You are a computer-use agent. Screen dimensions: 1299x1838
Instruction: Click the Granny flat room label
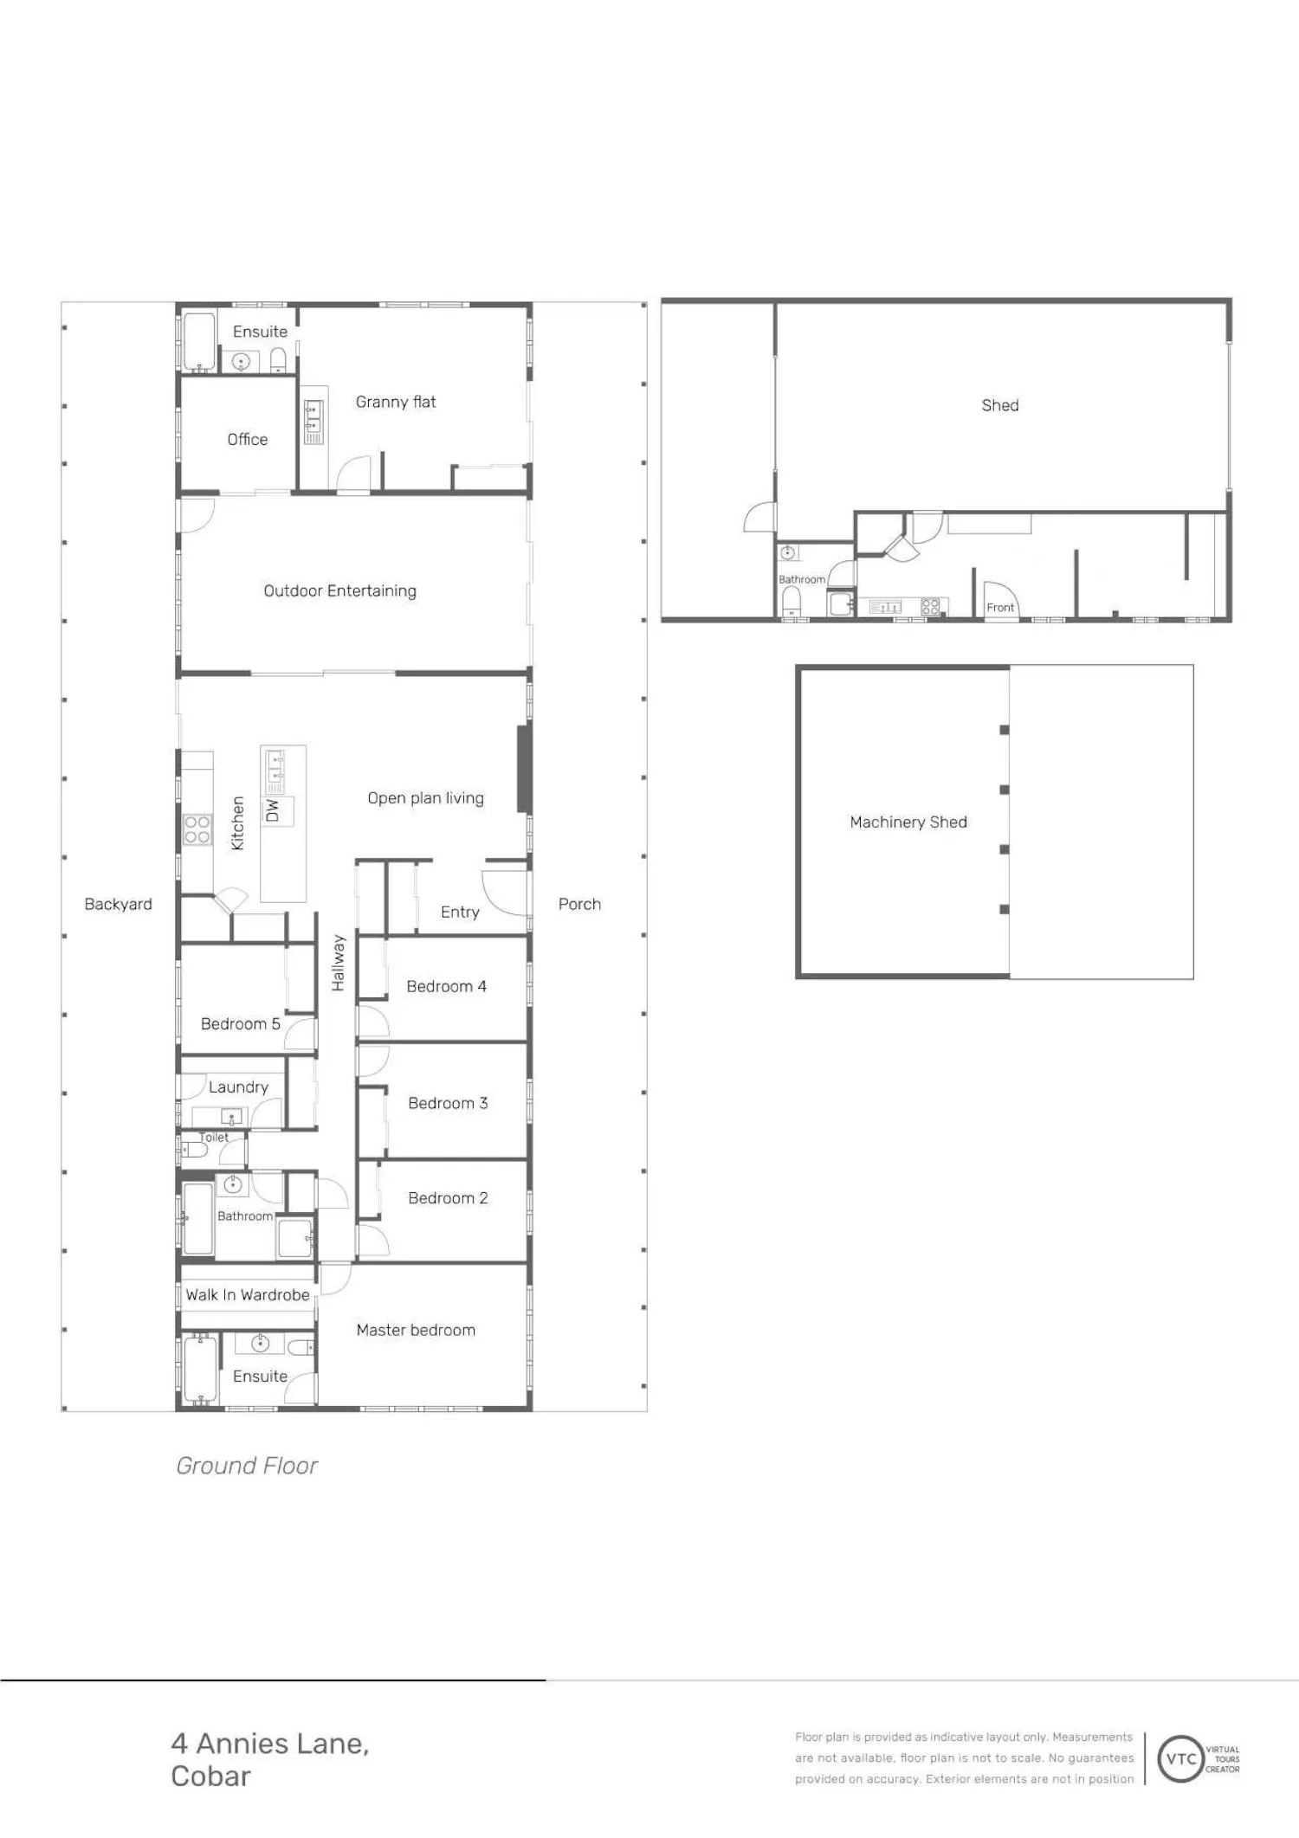click(396, 402)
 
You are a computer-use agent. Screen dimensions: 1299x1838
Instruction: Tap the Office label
click(248, 439)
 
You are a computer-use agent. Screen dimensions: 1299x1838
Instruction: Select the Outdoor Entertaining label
click(340, 591)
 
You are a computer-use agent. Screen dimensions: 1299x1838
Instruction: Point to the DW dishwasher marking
click(273, 810)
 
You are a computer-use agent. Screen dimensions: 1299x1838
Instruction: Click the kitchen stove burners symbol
click(197, 829)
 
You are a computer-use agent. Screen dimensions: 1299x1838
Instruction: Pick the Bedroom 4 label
click(447, 986)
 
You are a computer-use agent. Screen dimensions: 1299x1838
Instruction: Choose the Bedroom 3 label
click(448, 1103)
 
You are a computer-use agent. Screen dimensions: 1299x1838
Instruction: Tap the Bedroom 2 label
click(448, 1198)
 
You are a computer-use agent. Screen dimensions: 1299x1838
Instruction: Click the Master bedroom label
click(416, 1330)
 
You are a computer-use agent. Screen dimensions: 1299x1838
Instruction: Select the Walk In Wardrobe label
click(248, 1295)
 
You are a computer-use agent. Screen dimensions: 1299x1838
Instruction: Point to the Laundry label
click(238, 1087)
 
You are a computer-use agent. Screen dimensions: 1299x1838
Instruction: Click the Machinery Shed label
click(908, 822)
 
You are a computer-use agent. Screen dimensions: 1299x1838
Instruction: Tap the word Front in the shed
click(1000, 608)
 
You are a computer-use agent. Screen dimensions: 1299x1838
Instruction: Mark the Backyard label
click(119, 904)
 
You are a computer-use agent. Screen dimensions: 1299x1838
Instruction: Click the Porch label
click(579, 904)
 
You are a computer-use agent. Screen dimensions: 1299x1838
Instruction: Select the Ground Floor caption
click(247, 1466)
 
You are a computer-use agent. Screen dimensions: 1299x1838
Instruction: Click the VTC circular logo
click(1181, 1758)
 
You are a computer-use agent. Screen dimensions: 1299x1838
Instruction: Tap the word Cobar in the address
click(210, 1776)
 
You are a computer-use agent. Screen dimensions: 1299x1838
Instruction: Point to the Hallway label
click(338, 963)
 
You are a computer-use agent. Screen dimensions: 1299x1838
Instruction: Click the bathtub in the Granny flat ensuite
click(199, 342)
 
